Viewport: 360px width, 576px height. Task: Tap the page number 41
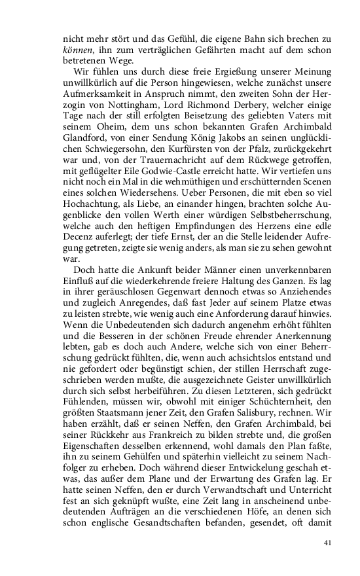(x=328, y=542)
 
